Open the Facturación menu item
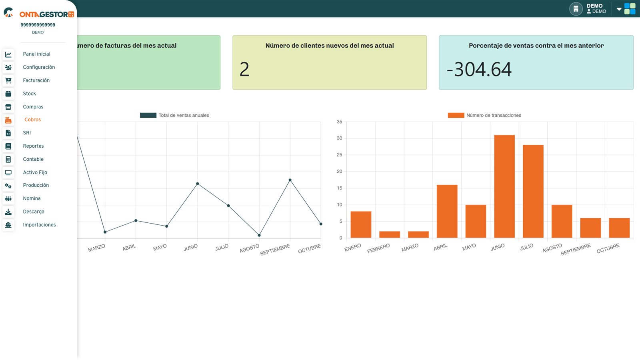(x=36, y=80)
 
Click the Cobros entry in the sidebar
(x=32, y=120)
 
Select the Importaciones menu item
(x=40, y=224)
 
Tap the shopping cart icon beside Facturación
(x=8, y=80)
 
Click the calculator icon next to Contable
(x=8, y=160)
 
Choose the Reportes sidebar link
(x=34, y=146)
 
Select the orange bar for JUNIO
(x=504, y=186)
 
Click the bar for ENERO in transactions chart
(x=361, y=224)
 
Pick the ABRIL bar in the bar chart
(x=447, y=212)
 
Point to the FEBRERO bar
(x=390, y=234)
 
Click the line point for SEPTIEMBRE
(x=290, y=180)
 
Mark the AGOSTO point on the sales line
(x=259, y=236)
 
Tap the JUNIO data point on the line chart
(x=198, y=184)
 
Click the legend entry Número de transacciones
(x=484, y=115)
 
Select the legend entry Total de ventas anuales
(x=174, y=115)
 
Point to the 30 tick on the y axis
(x=340, y=138)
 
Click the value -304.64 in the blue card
(x=479, y=70)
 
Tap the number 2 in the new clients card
(x=244, y=70)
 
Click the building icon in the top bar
(x=576, y=9)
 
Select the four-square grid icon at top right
(x=630, y=9)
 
